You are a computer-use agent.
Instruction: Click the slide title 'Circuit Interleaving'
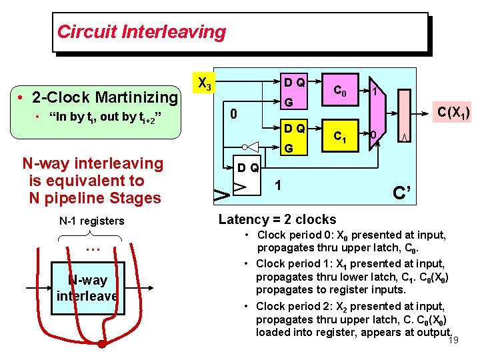[x=141, y=31]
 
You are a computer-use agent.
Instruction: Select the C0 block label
[x=340, y=90]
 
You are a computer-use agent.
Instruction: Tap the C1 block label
[x=340, y=137]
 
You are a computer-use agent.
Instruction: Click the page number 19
[x=453, y=341]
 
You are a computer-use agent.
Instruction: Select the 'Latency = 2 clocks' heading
[x=277, y=219]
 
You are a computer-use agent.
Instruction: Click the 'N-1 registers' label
[x=91, y=221]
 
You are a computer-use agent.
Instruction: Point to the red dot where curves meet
[x=101, y=345]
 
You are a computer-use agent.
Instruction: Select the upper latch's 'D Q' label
[x=294, y=83]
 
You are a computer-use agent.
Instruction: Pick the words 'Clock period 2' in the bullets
[x=290, y=306]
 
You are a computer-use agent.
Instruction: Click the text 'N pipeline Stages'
[x=95, y=198]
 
